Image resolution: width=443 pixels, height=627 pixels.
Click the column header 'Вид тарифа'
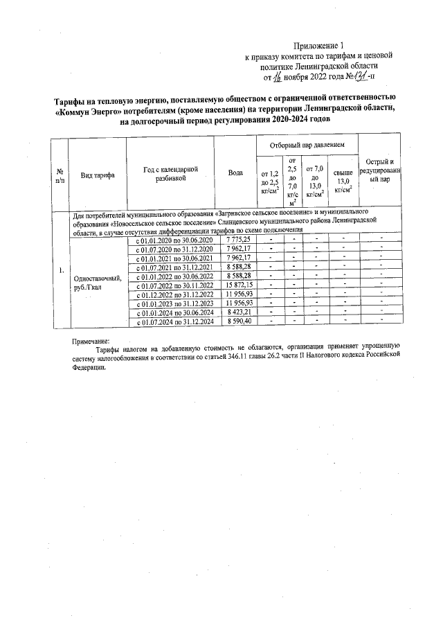point(98,175)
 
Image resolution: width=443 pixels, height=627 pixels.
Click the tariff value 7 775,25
point(238,239)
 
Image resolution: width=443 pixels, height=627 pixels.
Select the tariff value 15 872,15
point(238,285)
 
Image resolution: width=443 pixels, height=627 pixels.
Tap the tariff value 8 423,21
point(238,312)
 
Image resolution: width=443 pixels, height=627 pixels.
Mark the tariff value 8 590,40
point(238,321)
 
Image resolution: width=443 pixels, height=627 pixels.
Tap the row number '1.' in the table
point(62,270)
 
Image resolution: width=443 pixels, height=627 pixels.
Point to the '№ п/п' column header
point(60,175)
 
